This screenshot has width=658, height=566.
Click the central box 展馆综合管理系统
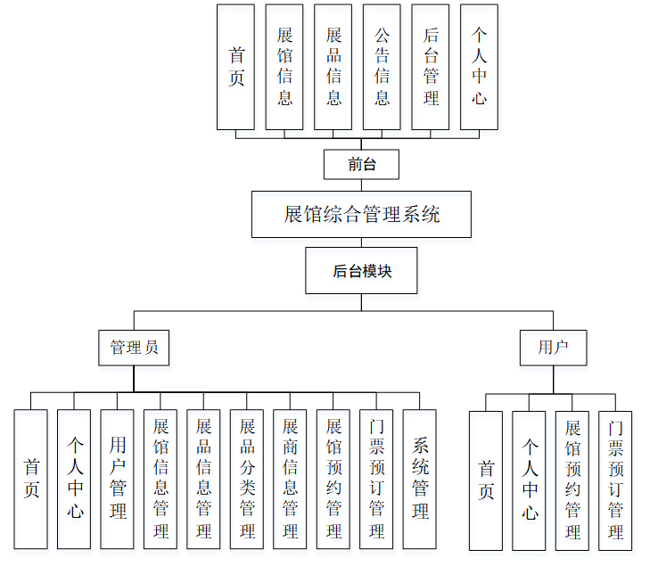(361, 214)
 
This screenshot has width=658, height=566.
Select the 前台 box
(361, 164)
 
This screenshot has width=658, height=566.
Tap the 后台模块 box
(361, 271)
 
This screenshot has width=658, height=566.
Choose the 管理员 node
(134, 348)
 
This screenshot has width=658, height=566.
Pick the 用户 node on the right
(553, 348)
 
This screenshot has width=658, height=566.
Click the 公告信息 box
(382, 67)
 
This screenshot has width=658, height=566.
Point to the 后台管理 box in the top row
(431, 67)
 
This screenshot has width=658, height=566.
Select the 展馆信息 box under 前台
(284, 67)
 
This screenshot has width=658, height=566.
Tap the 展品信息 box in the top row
(333, 67)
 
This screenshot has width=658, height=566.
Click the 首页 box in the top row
(235, 67)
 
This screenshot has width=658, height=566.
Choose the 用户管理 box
(118, 479)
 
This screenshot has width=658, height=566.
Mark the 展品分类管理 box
(247, 479)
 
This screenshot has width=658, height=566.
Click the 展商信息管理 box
(290, 479)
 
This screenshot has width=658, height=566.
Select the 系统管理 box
(419, 479)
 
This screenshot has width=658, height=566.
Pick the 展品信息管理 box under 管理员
(203, 479)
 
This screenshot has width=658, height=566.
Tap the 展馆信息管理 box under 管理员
(160, 479)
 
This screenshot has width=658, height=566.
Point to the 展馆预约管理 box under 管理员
(333, 479)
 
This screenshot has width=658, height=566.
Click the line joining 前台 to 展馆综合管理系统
(361, 185)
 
